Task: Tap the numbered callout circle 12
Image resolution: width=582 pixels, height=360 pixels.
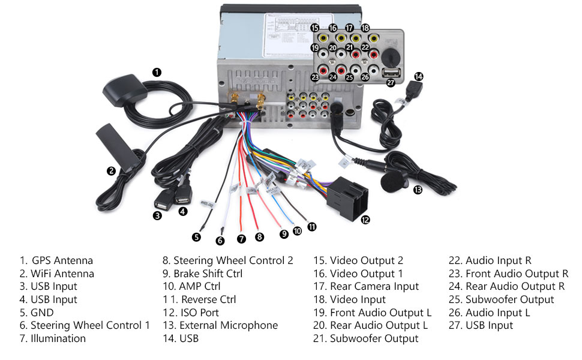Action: click(365, 220)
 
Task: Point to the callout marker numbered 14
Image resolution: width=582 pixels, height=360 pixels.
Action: click(418, 76)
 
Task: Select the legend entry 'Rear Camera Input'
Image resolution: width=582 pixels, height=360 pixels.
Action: click(374, 286)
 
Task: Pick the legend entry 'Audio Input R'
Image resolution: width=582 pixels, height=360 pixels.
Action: click(498, 260)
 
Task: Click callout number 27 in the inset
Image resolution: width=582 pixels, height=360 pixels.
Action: click(391, 83)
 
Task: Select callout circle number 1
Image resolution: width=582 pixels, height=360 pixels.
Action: click(157, 72)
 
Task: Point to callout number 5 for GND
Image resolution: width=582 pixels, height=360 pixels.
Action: click(196, 236)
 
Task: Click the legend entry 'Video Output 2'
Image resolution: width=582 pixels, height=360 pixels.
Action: click(367, 260)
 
